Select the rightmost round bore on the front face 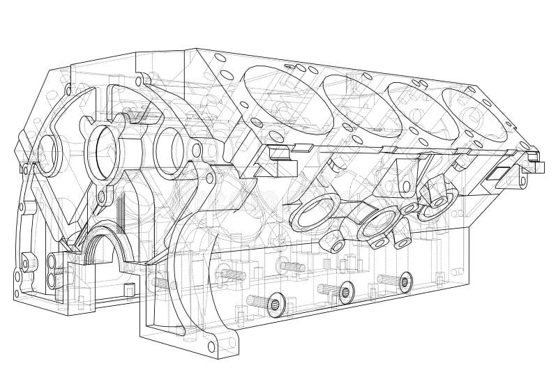click(169, 148)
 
